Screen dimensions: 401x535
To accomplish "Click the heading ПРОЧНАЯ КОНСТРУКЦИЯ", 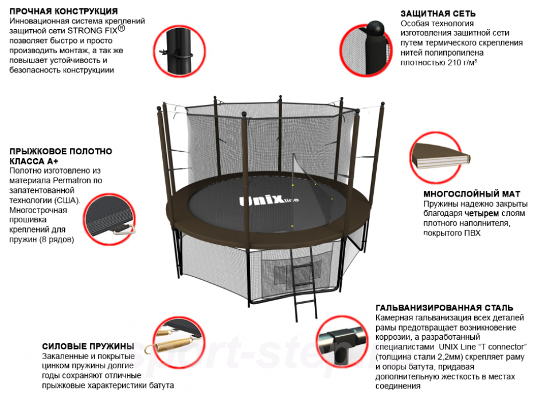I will (x=64, y=11).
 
